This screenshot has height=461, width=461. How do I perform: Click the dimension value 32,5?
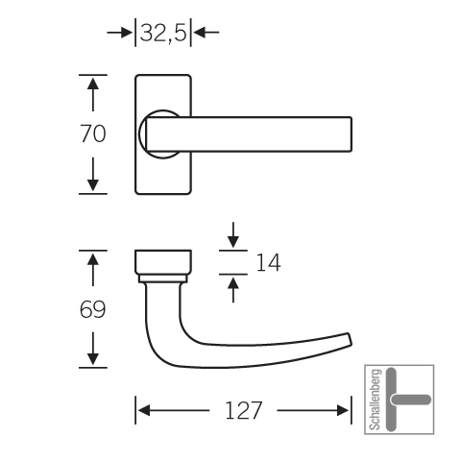[163, 33]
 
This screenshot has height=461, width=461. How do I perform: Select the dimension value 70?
[93, 133]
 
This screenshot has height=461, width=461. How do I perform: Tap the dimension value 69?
[92, 309]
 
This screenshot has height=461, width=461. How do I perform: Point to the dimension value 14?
[268, 262]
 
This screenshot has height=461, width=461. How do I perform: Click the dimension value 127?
[244, 410]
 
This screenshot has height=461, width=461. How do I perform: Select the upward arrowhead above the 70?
[93, 84]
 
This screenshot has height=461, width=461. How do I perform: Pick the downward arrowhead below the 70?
[93, 185]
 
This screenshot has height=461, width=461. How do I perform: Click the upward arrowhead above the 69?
[93, 259]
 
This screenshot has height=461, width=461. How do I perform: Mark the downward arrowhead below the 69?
[93, 359]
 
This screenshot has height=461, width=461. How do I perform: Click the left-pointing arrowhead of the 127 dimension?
[144, 410]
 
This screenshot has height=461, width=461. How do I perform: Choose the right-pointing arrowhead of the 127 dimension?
[343, 410]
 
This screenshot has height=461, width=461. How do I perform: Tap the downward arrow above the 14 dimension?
[233, 235]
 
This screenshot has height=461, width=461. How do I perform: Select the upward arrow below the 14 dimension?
[233, 289]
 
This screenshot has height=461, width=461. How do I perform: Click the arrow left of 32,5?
[120, 33]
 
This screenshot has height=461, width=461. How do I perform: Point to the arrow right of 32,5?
[206, 33]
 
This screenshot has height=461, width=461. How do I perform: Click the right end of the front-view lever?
[352, 134]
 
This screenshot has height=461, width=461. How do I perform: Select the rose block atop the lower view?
[163, 262]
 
